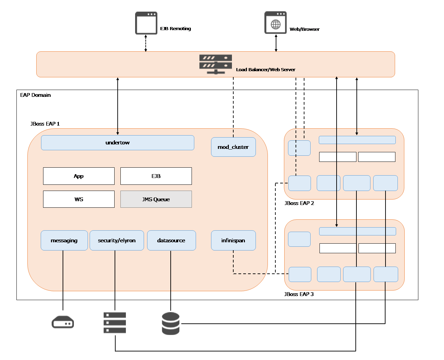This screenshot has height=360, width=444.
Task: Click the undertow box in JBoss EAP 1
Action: (x=117, y=142)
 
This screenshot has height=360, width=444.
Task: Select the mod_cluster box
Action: (x=233, y=147)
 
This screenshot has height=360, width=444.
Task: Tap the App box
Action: (x=79, y=176)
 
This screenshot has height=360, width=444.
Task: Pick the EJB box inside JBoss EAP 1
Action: (x=156, y=176)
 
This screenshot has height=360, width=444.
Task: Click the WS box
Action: (x=79, y=199)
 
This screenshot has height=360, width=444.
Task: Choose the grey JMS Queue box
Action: (x=156, y=199)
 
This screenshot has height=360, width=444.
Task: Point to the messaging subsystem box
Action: (x=64, y=240)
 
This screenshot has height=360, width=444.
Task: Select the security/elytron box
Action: (x=117, y=240)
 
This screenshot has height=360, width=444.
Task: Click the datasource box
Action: (x=171, y=240)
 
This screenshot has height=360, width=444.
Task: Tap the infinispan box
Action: (x=233, y=240)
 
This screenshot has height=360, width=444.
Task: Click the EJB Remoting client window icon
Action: (x=146, y=23)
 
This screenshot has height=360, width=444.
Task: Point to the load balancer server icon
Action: (x=215, y=64)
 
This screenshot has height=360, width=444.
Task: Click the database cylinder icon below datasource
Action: (x=170, y=323)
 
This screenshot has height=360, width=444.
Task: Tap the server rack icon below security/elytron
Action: (x=115, y=322)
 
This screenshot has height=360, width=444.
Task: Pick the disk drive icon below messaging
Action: (x=63, y=322)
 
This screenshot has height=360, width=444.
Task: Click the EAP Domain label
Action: (x=35, y=95)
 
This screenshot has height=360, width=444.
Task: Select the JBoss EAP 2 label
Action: (x=299, y=203)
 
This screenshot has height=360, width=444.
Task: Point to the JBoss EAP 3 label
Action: (x=299, y=294)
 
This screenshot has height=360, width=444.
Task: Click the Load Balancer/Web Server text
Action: (x=265, y=69)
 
